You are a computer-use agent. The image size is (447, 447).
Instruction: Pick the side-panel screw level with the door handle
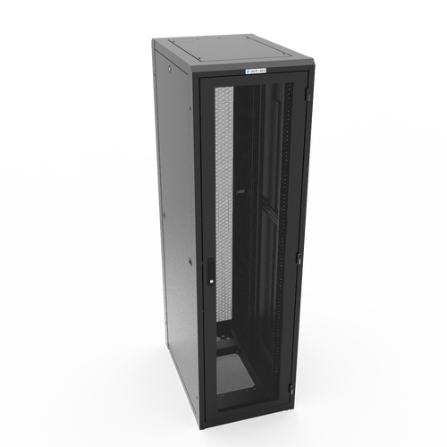tap(190, 262)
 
